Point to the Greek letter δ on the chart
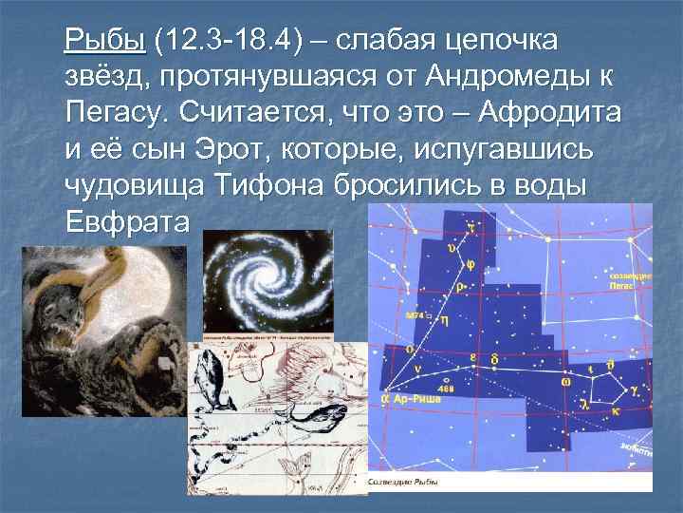[495, 360]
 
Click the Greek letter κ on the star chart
[616, 413]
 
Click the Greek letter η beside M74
[444, 321]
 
